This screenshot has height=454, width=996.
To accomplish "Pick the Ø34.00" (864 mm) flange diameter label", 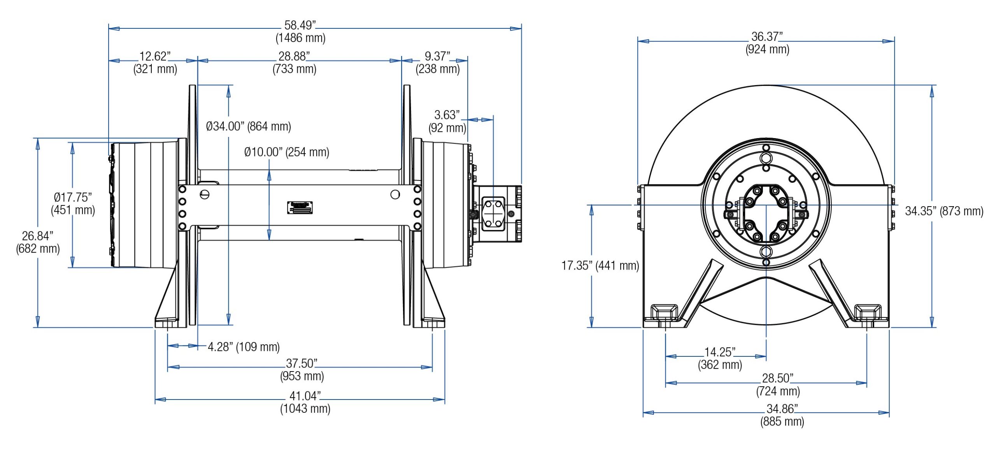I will [x=248, y=126].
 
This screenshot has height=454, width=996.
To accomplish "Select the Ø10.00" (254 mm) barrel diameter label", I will [x=286, y=152].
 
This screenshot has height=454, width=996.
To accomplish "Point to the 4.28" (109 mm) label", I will [x=244, y=347].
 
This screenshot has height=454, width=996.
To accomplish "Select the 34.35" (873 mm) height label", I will [x=944, y=211].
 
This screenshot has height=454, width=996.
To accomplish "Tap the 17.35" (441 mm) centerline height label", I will [x=600, y=266].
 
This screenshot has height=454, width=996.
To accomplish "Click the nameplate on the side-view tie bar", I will [x=300, y=207].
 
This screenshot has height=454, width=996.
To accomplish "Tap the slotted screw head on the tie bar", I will [x=204, y=194].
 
